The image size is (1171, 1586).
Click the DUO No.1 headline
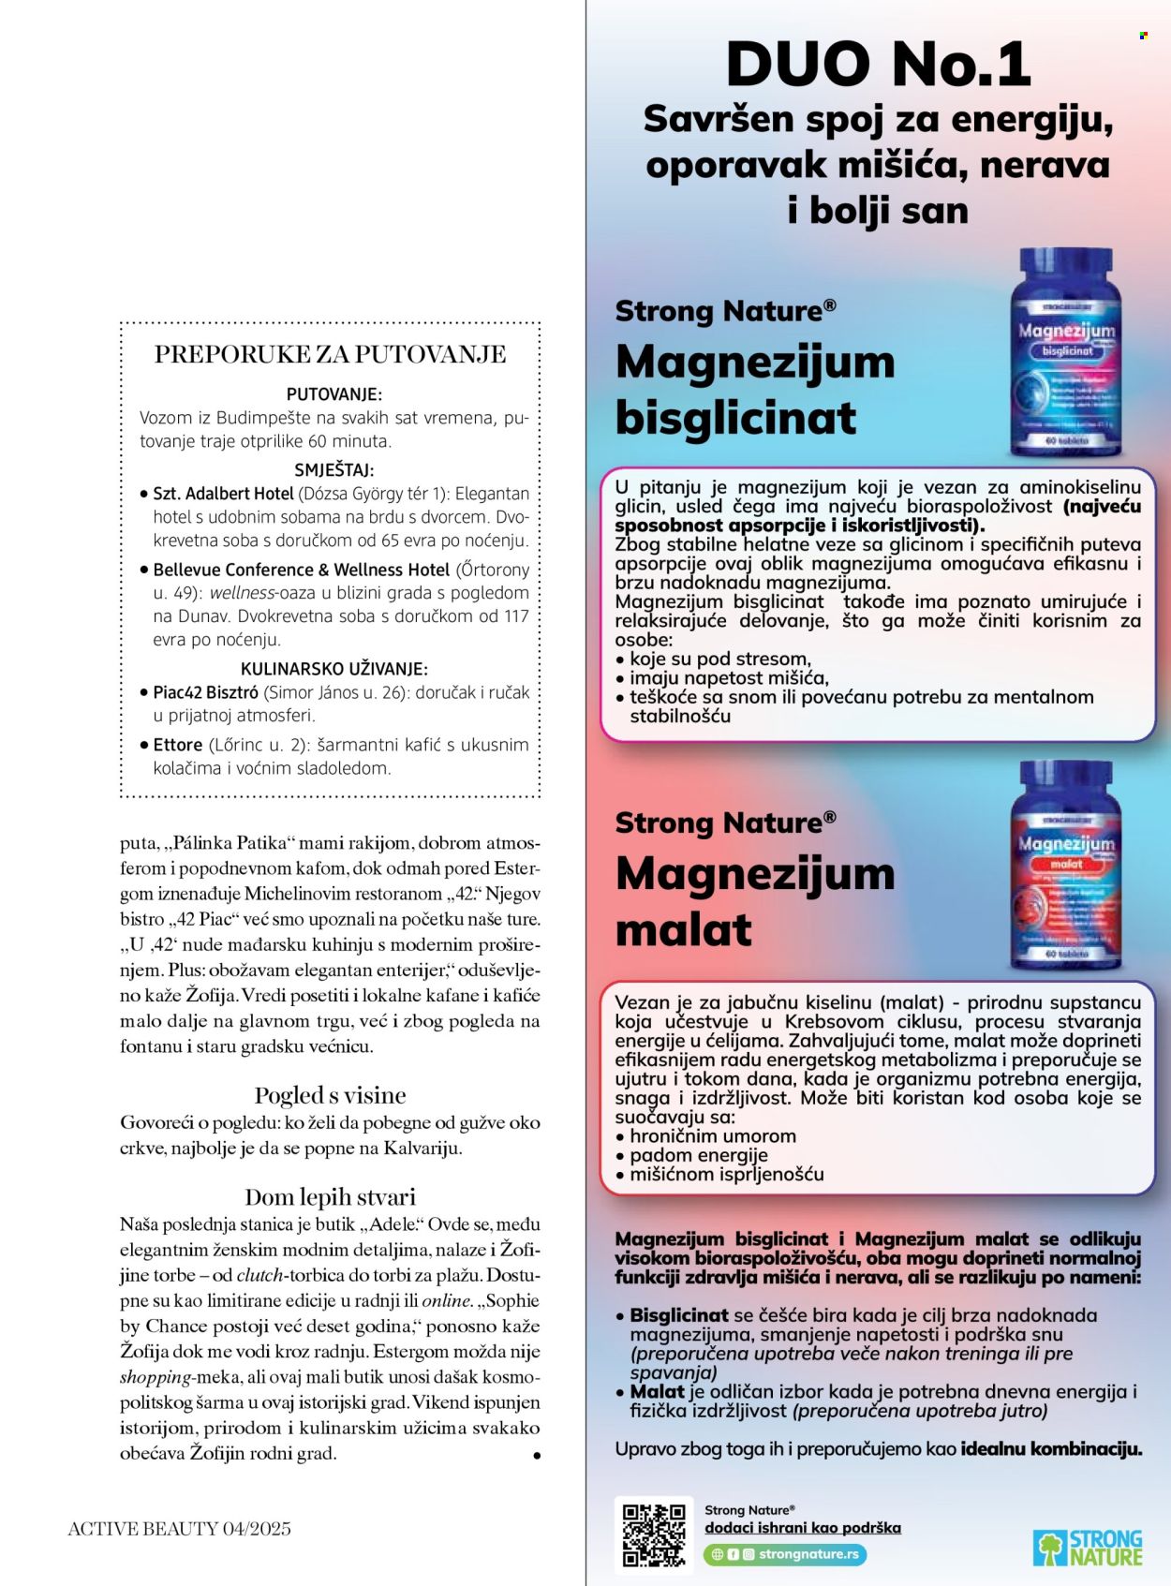click(878, 65)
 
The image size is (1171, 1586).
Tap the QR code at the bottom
click(654, 1535)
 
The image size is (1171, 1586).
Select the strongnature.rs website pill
click(785, 1554)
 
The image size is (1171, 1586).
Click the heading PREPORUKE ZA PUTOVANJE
click(330, 354)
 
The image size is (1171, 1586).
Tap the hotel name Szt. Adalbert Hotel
click(224, 494)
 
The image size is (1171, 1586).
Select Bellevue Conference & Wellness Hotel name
click(302, 570)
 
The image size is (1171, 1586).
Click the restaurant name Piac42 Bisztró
click(206, 692)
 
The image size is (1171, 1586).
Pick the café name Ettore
click(178, 745)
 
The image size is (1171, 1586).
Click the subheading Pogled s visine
click(330, 1095)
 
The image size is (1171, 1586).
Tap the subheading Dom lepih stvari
click(330, 1197)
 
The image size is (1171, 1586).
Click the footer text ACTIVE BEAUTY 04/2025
click(179, 1529)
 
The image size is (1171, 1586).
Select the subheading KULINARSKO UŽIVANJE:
click(334, 669)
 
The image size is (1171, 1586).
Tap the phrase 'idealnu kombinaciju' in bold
click(1050, 1448)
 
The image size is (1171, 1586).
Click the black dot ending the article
click(537, 1456)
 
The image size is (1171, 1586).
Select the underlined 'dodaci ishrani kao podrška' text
click(803, 1528)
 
